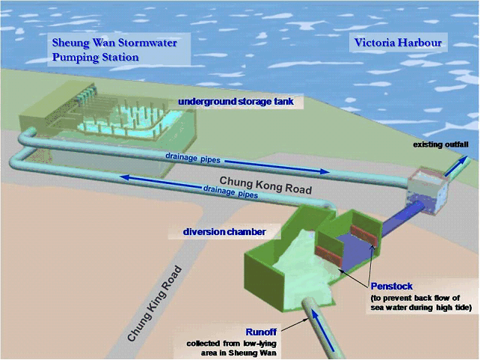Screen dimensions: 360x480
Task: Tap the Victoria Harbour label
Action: point(396,43)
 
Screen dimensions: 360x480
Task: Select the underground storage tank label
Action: point(236,102)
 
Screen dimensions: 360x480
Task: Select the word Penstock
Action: point(391,286)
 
